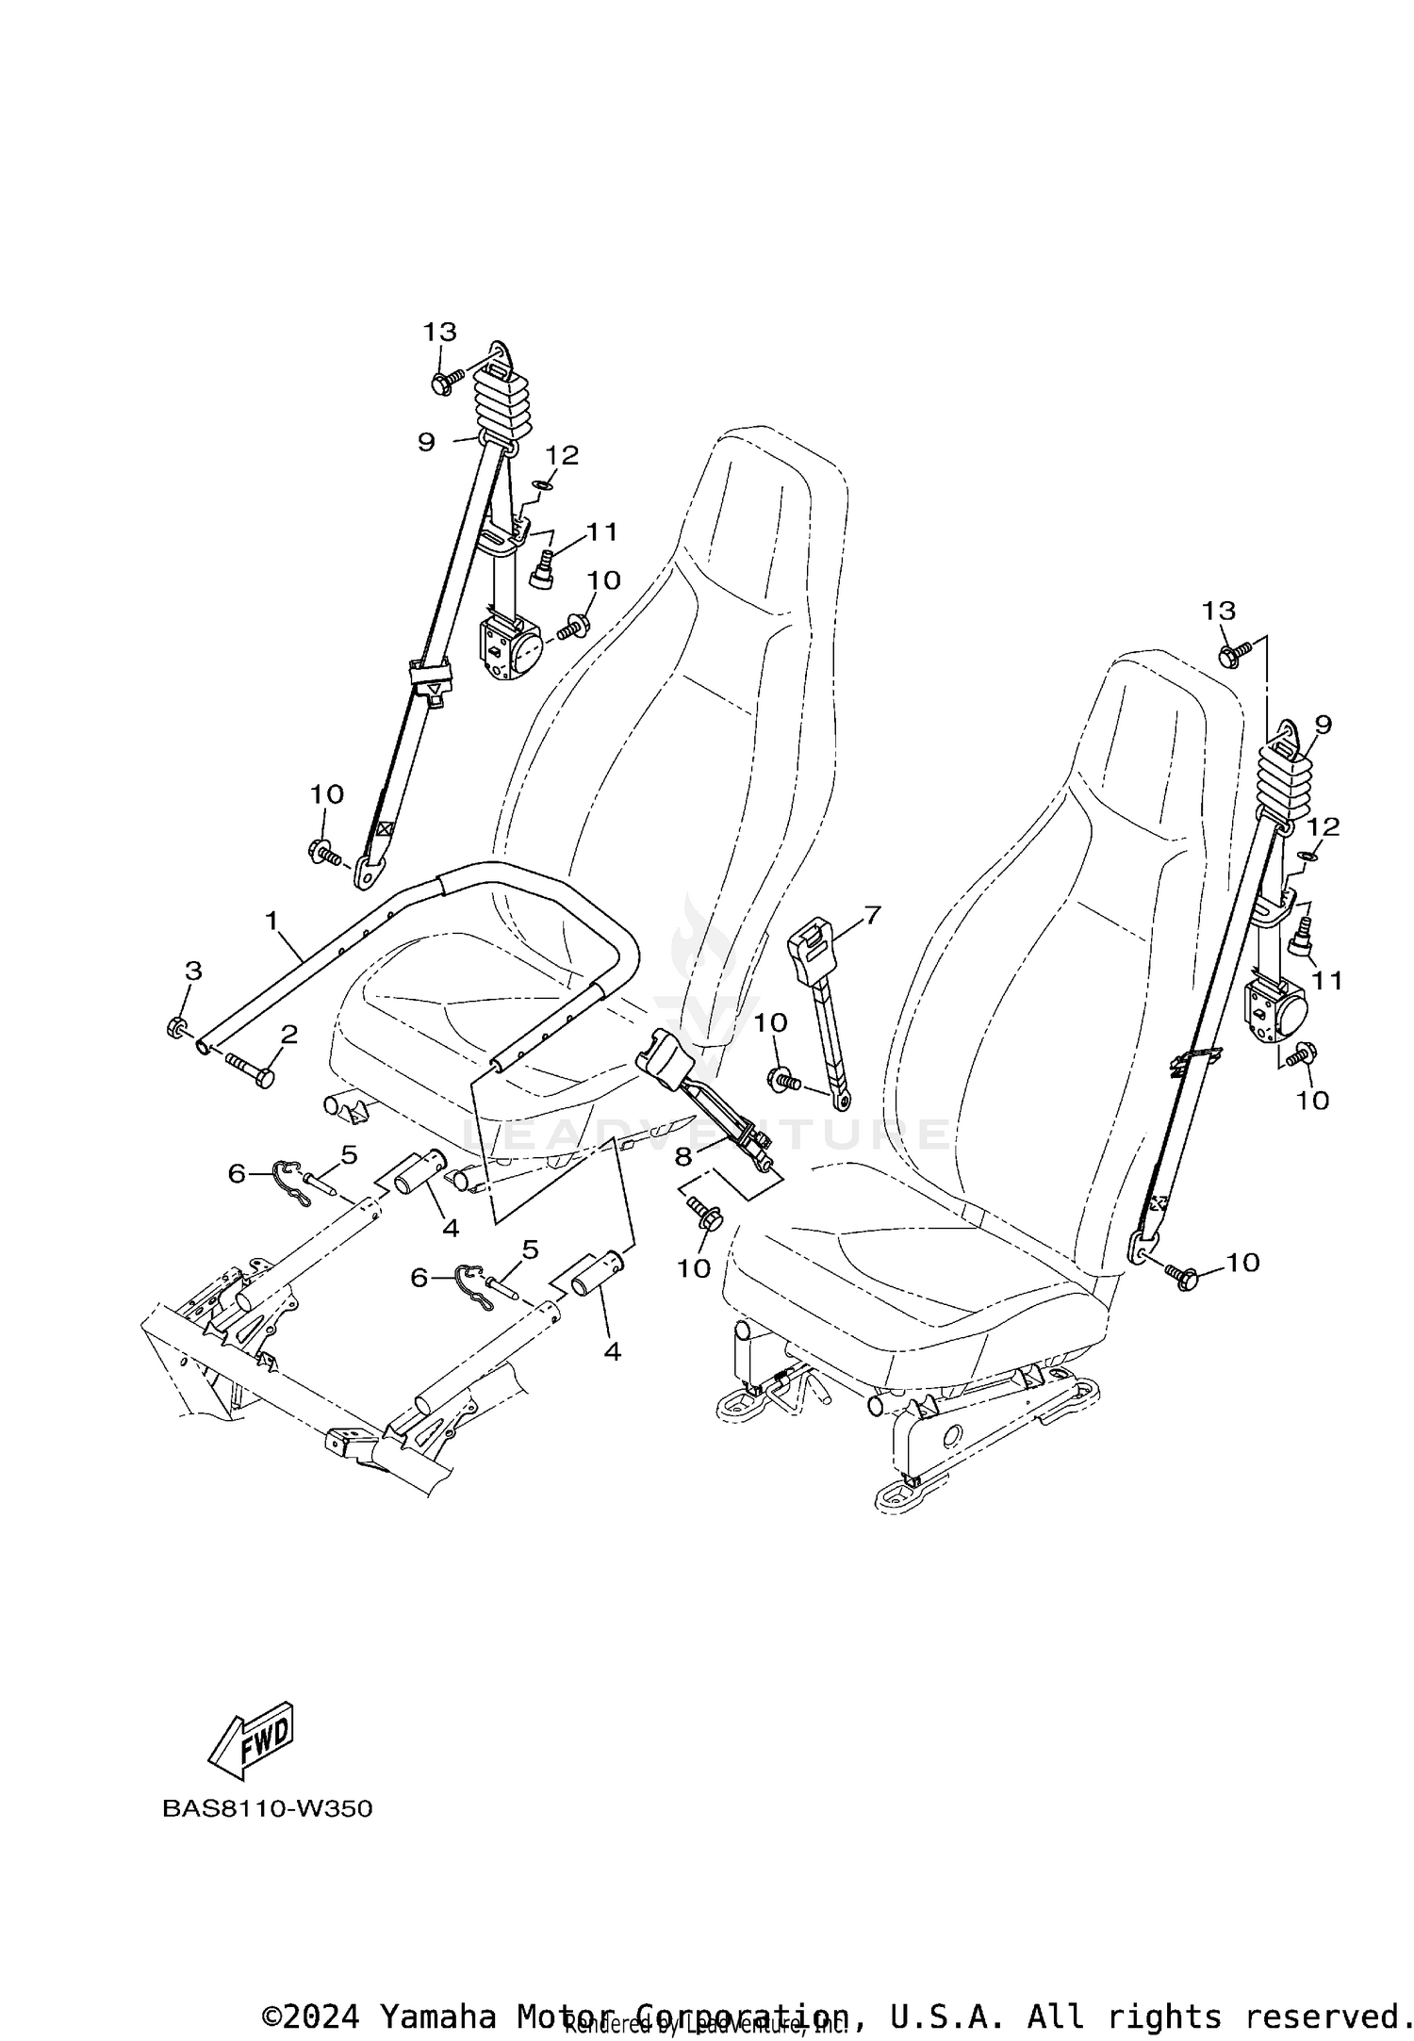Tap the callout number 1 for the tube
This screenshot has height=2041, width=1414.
point(272,920)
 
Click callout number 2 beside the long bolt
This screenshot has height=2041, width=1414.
point(288,1035)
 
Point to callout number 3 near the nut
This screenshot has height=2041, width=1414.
point(193,970)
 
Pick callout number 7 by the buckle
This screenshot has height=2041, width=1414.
point(871,913)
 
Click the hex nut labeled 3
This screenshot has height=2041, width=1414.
point(174,1027)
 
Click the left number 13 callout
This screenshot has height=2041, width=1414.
point(439,332)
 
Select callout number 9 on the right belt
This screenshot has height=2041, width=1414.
point(1323,724)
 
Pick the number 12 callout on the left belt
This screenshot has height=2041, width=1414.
point(562,455)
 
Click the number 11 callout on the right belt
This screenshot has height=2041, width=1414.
point(1327,982)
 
